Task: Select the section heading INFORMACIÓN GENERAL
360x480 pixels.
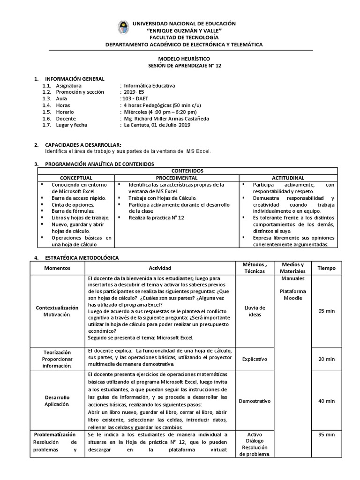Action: (74, 79)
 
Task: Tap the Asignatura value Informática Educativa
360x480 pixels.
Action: (149, 86)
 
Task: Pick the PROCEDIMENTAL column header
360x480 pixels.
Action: (177, 178)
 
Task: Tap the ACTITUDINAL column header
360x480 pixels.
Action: (288, 178)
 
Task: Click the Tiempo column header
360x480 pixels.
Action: (326, 268)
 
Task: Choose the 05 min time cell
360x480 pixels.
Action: (326, 311)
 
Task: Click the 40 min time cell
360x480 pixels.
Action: (326, 401)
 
